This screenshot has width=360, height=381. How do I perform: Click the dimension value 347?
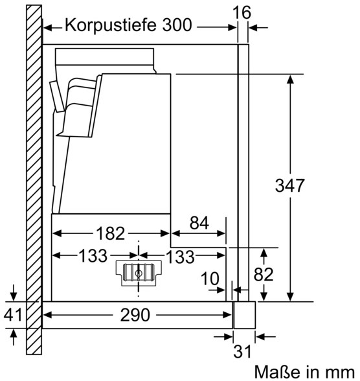pyautogui.click(x=289, y=185)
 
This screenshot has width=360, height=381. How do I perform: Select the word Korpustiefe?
pyautogui.click(x=110, y=25)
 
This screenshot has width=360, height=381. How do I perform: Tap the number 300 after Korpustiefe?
pyautogui.click(x=177, y=25)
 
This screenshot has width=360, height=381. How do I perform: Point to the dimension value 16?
pyautogui.click(x=242, y=12)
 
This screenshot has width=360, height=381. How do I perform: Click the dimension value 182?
pyautogui.click(x=111, y=233)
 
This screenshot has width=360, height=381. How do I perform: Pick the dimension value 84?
pyautogui.click(x=199, y=223)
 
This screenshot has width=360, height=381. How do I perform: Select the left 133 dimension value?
pyautogui.click(x=93, y=255)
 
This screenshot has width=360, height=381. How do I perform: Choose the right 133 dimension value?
pyautogui.click(x=181, y=257)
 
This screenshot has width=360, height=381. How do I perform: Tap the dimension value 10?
pyautogui.click(x=210, y=279)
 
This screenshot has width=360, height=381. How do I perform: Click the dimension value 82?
pyautogui.click(x=264, y=274)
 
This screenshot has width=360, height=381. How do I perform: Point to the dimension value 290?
pyautogui.click(x=135, y=315)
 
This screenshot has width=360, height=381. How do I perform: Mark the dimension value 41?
pyautogui.click(x=13, y=314)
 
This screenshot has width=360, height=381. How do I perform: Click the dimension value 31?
pyautogui.click(x=242, y=351)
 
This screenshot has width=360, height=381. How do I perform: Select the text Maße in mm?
pyautogui.click(x=304, y=372)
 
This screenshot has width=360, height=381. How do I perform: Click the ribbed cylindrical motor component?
pyautogui.click(x=139, y=273)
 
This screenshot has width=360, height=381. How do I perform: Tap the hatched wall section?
pyautogui.click(x=34, y=180)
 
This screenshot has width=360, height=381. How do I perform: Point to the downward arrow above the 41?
pyautogui.click(x=14, y=292)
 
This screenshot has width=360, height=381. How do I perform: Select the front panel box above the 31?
pyautogui.click(x=245, y=315)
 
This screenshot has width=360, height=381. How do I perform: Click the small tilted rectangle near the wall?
pyautogui.click(x=57, y=97)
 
